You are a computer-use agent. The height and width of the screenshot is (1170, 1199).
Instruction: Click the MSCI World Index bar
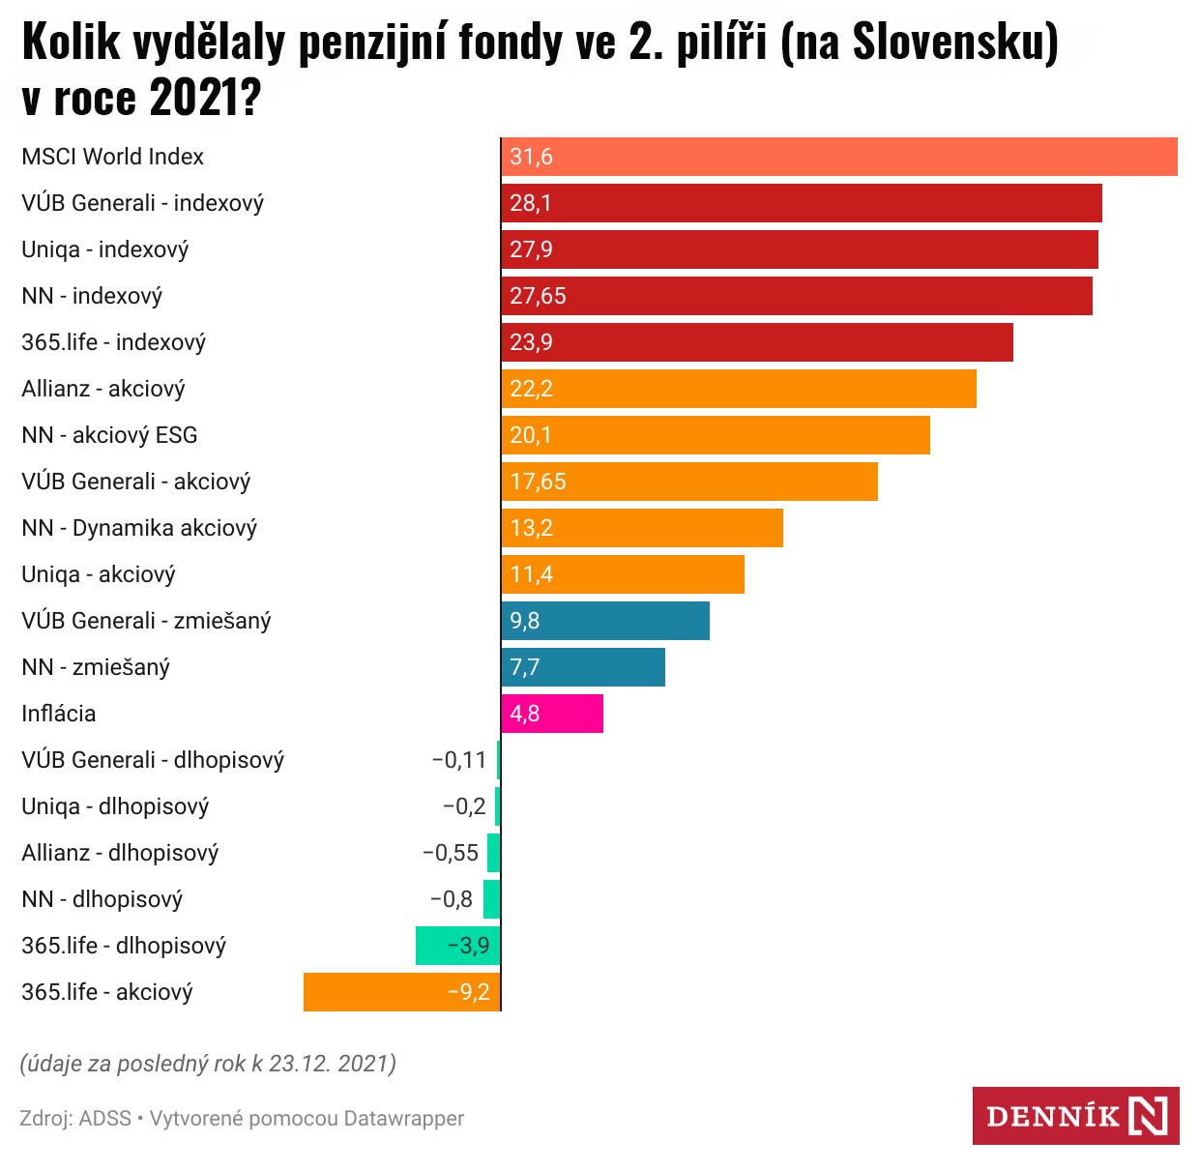coord(839,157)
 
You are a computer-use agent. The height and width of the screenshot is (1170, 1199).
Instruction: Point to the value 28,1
coord(531,203)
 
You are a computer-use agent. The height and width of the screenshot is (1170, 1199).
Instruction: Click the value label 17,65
coord(538,482)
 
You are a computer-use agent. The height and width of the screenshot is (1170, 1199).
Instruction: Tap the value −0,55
coord(451,853)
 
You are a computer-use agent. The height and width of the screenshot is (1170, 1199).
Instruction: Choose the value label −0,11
coord(458,760)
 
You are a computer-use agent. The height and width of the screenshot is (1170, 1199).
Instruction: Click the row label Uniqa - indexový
coord(105,249)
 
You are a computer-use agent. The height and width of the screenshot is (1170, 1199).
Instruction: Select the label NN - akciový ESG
coord(109,435)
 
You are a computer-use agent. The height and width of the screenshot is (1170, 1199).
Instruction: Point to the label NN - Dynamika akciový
coord(139,528)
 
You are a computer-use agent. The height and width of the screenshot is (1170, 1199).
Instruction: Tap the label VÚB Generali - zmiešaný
coord(146,621)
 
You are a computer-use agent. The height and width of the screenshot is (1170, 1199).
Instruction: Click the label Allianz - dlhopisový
coord(120,853)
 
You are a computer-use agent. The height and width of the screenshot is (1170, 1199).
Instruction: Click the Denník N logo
coord(1075,1116)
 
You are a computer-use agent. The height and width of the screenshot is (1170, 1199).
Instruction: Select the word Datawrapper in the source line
coord(403,1119)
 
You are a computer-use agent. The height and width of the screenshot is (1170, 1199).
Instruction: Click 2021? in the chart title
coord(205,97)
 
